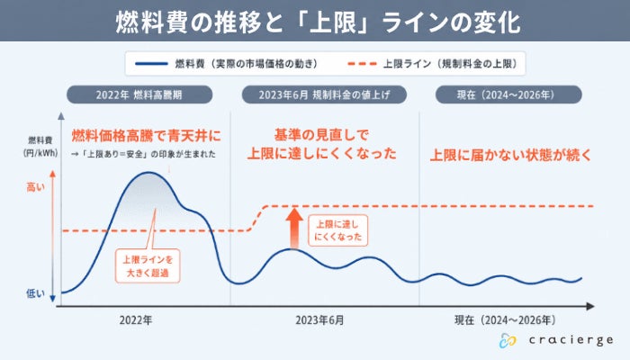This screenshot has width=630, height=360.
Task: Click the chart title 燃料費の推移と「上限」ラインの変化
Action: point(318,22)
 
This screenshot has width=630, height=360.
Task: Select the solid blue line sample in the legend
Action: point(151,64)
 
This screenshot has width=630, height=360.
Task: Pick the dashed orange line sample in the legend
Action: point(362,64)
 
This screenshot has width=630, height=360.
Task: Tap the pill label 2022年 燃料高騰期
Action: point(139,94)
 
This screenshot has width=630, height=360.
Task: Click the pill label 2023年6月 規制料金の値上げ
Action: point(324,94)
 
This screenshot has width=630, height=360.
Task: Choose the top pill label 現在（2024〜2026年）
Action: point(508,94)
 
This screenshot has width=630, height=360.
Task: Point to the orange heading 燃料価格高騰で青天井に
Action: point(146,136)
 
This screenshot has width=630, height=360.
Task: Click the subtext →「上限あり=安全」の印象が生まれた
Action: point(143,154)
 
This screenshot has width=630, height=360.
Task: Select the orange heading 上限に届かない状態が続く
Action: point(510,155)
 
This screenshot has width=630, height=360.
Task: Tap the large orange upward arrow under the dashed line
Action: point(294,228)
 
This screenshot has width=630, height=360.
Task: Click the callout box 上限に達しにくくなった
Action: point(337,230)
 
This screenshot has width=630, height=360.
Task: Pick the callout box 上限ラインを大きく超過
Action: point(148,266)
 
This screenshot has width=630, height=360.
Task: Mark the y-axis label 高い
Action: point(35,187)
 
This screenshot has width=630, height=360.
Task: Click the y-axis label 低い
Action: point(35,293)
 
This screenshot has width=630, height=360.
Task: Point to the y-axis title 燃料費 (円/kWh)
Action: point(40,147)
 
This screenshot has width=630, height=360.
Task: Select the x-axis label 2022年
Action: point(136,320)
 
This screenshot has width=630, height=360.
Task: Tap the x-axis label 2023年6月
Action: point(319,320)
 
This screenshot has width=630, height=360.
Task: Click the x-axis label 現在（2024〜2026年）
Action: point(506,320)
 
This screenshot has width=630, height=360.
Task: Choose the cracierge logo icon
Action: point(508,340)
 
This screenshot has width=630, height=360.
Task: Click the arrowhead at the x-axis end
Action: point(590,307)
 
